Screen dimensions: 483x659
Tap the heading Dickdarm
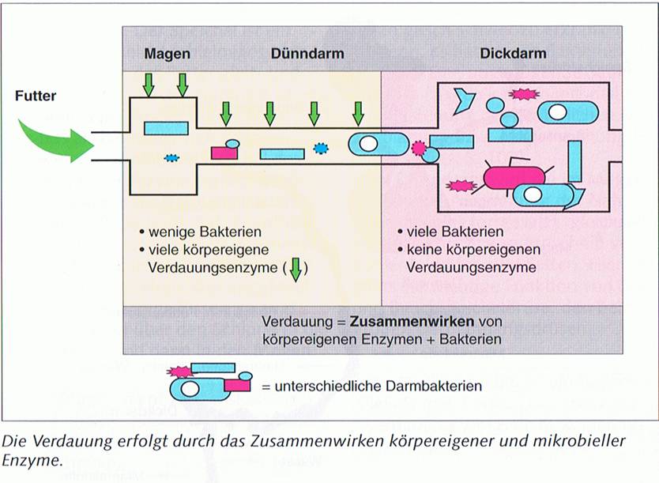513,54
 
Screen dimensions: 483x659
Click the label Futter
36,97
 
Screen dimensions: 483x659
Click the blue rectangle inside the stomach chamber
165,127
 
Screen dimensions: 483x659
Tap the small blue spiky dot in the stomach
171,157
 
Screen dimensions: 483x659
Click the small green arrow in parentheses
296,269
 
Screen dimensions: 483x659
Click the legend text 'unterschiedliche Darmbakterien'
371,387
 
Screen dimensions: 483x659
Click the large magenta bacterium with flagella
511,177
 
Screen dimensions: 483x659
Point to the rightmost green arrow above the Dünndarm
359,113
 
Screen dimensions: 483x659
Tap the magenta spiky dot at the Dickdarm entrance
419,148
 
